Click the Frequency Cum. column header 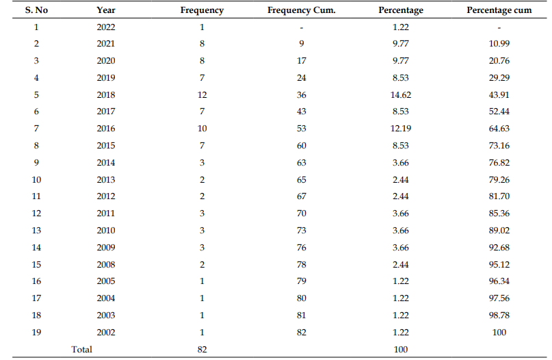click(302, 10)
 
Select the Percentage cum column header click(499, 10)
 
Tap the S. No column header click(36, 10)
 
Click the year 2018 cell click(106, 94)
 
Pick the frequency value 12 click(202, 94)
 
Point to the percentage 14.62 click(401, 94)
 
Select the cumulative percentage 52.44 click(499, 112)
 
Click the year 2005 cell click(106, 281)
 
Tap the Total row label click(81, 350)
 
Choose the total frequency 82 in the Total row click(202, 350)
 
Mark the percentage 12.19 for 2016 click(401, 129)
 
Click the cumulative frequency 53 click(302, 129)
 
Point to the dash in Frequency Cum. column click(302, 28)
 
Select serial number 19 click(36, 332)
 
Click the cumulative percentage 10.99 click(499, 44)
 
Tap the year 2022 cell click(106, 27)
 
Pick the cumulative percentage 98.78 click(499, 316)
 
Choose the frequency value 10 click(202, 129)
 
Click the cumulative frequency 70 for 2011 click(302, 214)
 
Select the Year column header click(106, 10)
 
